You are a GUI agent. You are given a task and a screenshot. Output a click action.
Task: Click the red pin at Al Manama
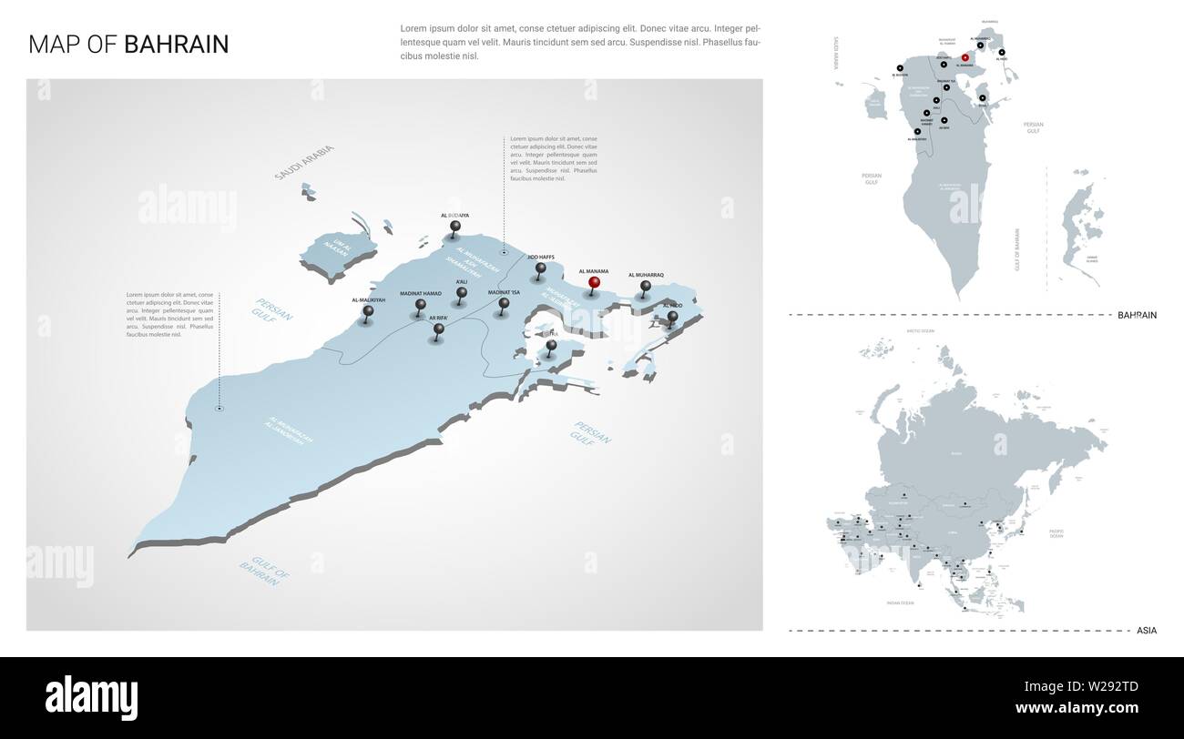[x=595, y=283]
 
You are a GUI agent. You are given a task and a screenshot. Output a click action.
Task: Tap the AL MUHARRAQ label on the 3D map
[x=646, y=274]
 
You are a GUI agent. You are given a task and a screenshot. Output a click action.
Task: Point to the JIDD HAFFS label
[x=540, y=258]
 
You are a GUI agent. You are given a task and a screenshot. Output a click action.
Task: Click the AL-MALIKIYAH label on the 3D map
[x=368, y=299]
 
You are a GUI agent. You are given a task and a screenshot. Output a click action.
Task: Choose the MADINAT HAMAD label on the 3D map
[x=421, y=293]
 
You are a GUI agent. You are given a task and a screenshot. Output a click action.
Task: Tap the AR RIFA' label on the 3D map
[x=437, y=318]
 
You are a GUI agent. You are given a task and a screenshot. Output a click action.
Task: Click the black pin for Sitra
[x=551, y=347]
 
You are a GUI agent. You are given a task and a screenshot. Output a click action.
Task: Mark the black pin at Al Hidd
[x=672, y=318]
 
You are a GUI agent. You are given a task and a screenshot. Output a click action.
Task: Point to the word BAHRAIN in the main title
[x=177, y=45]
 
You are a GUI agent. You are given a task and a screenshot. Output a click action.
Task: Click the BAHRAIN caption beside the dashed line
[x=1137, y=315]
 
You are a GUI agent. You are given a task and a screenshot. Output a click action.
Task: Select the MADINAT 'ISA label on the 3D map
[x=503, y=292]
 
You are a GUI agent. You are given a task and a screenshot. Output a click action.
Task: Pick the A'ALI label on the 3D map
[x=462, y=282]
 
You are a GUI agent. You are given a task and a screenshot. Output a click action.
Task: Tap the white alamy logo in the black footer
[x=92, y=698]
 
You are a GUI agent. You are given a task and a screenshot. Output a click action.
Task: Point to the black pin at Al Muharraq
[x=646, y=288]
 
